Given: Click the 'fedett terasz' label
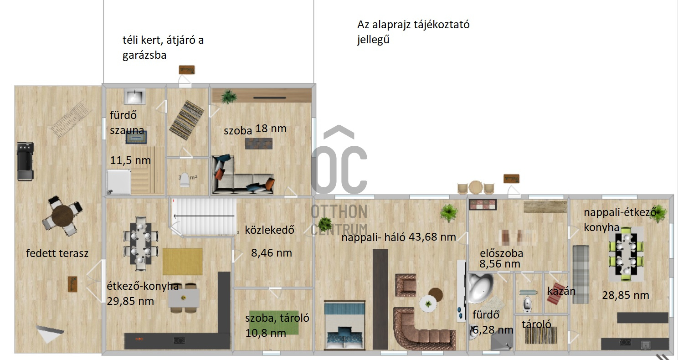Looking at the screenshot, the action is (x=57, y=253).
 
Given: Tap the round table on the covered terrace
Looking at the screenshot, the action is (x=62, y=216).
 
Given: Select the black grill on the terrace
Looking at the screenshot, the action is (x=25, y=161).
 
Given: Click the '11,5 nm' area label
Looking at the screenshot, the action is (x=130, y=160).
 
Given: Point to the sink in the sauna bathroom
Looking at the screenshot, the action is (x=135, y=97).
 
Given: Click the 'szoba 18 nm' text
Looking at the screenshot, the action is (x=255, y=129).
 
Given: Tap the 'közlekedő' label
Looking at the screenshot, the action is (x=269, y=230).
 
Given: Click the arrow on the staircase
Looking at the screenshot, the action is (x=204, y=216).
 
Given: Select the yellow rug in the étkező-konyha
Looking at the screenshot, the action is (x=183, y=261).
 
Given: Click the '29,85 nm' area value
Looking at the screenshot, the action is (x=130, y=301).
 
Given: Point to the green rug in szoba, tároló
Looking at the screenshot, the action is (x=274, y=323).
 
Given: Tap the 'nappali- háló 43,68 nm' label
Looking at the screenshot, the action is (x=399, y=237).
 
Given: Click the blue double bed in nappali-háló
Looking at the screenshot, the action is (x=344, y=325).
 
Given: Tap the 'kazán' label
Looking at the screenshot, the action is (x=561, y=291).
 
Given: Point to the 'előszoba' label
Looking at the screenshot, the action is (x=501, y=253).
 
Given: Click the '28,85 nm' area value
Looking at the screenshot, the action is (x=625, y=295).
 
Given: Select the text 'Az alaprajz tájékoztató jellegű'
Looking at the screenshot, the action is (x=413, y=32).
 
